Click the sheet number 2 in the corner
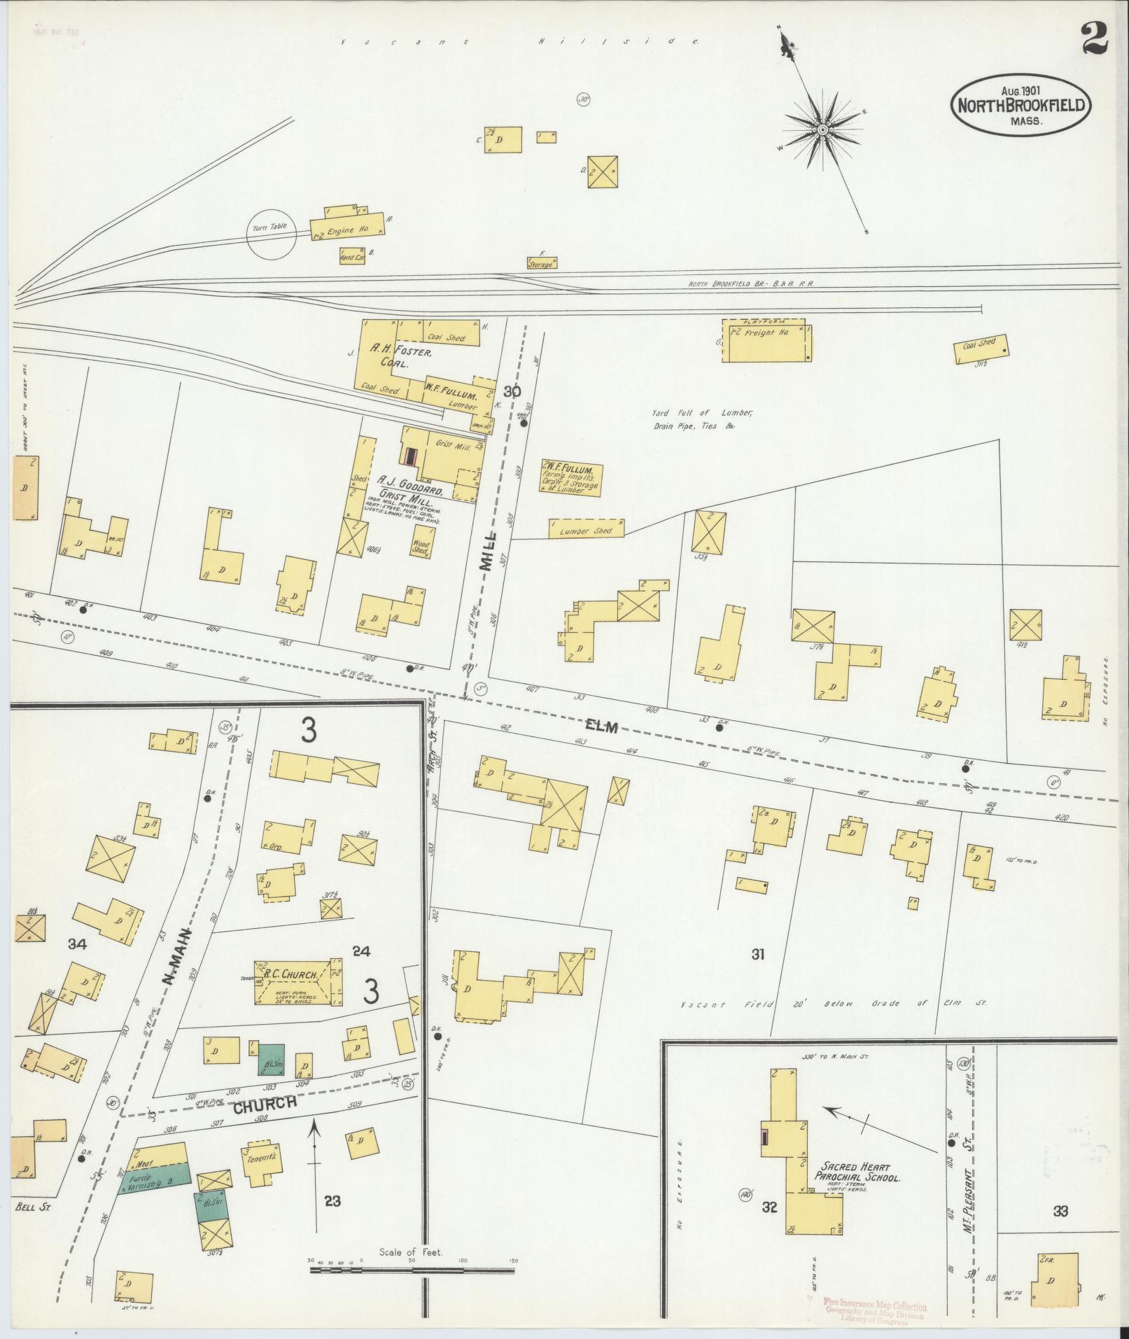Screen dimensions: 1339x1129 click(x=1093, y=38)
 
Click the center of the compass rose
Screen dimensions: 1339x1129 click(x=823, y=129)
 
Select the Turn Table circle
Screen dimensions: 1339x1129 click(x=272, y=234)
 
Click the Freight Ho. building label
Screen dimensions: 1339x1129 click(x=768, y=333)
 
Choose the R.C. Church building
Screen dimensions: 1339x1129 click(x=297, y=983)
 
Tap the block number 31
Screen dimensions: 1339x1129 click(x=757, y=954)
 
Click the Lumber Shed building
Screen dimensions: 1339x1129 click(x=587, y=530)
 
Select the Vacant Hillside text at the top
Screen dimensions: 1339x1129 click(x=520, y=43)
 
